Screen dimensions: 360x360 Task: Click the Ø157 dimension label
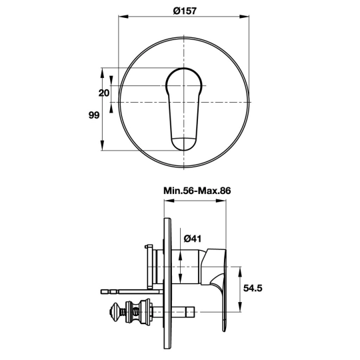185,11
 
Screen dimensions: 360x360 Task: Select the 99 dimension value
94,115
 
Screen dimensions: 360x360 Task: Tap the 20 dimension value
104,93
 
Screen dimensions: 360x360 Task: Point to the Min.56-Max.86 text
197,191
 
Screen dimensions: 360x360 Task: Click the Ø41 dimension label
193,239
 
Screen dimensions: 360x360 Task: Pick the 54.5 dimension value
253,288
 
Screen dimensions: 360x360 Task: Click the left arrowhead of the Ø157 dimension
123,16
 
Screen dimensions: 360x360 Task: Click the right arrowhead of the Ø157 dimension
244,16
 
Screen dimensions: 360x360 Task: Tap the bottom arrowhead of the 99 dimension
103,146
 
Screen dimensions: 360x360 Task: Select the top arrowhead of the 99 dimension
103,73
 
